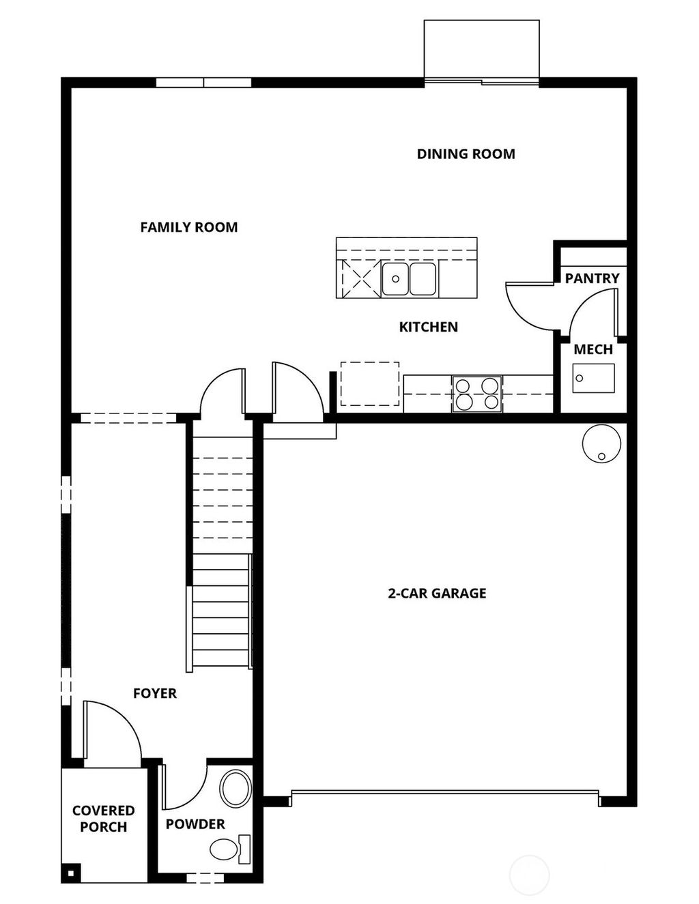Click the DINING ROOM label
(466, 154)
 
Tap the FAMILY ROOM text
(189, 227)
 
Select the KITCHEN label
(428, 327)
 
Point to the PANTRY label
(592, 278)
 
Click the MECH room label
(593, 349)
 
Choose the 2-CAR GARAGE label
(437, 594)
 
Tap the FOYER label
(155, 693)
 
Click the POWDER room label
(195, 824)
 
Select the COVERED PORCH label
(103, 819)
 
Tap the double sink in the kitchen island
(409, 278)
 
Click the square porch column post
(70, 873)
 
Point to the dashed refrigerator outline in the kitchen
(369, 384)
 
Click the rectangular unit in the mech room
(593, 377)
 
